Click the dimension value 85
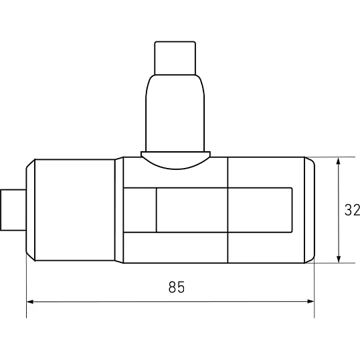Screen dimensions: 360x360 [177, 287]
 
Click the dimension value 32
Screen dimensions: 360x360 [352, 210]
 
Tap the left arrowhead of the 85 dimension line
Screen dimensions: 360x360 [30, 302]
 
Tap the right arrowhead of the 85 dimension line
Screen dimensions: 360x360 [310, 302]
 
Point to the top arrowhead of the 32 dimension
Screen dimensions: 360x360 [338, 161]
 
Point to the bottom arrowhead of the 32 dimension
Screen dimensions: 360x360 [338, 259]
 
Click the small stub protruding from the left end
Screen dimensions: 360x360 [13, 210]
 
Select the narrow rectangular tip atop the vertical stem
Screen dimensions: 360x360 [175, 58]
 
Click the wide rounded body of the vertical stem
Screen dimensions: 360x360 [175, 113]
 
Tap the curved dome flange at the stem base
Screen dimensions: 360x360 [175, 160]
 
